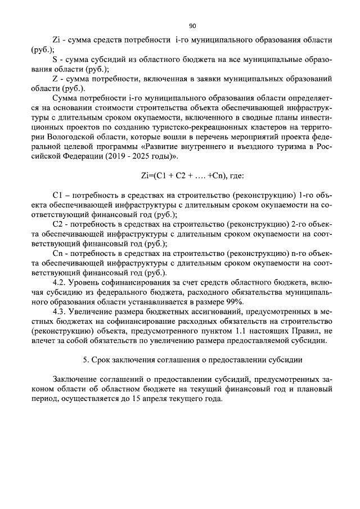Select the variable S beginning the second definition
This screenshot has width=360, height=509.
(x=55, y=60)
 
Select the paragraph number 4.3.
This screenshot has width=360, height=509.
(x=60, y=312)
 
